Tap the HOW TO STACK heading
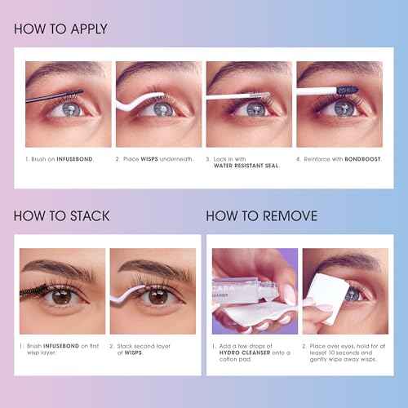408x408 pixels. [61, 216]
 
